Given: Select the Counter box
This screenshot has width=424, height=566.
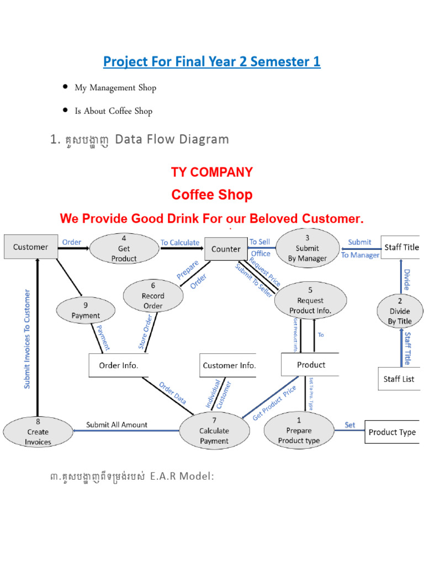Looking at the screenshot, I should pos(225,249).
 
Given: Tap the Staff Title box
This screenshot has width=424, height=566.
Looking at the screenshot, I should pos(401,248).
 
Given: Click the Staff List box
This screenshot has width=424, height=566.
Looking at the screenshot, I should pos(399,379).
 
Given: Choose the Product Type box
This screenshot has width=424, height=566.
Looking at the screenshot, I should pos(392,432).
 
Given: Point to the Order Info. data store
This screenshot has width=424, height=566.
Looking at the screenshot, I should pos(119,365).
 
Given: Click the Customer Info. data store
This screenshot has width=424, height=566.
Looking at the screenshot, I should pos(228,365).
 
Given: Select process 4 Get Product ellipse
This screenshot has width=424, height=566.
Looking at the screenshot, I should pos(124,249).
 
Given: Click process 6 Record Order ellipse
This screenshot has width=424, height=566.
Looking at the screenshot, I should pos(153,296).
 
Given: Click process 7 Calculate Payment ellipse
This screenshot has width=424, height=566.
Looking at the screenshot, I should pos(214,431).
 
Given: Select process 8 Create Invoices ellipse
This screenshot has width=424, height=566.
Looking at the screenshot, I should pos(38,432).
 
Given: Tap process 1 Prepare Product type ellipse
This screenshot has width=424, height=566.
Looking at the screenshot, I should pos(299,431).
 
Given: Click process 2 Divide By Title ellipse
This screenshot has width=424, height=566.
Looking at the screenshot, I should pos(400,311).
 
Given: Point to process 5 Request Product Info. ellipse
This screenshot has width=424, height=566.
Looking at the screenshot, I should pos(310,301).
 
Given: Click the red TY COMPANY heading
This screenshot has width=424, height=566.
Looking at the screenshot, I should pos(211,172).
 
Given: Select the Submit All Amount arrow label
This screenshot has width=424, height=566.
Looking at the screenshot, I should pos(116,424).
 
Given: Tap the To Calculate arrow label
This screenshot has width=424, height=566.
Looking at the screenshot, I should pos(180,243).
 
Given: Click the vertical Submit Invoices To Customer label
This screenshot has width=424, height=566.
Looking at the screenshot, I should pos(27,338).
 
